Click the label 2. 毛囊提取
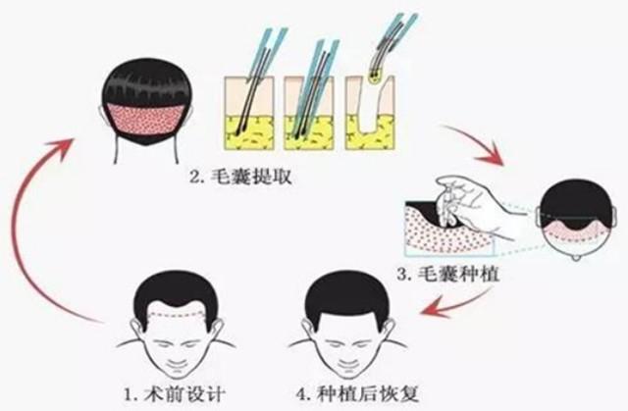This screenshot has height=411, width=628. click(240, 177)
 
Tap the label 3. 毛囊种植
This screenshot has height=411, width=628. click(448, 275)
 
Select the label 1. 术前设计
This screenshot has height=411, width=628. click(174, 394)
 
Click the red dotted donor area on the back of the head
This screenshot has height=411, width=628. click(146, 119)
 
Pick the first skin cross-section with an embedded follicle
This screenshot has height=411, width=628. click(249, 113)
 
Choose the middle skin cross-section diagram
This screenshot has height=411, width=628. click(309, 113)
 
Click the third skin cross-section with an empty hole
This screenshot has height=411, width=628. click(371, 113)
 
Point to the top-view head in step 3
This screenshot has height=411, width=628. click(578, 220)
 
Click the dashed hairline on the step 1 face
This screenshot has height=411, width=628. click(177, 312)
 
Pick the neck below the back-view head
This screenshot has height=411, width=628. click(146, 149)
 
